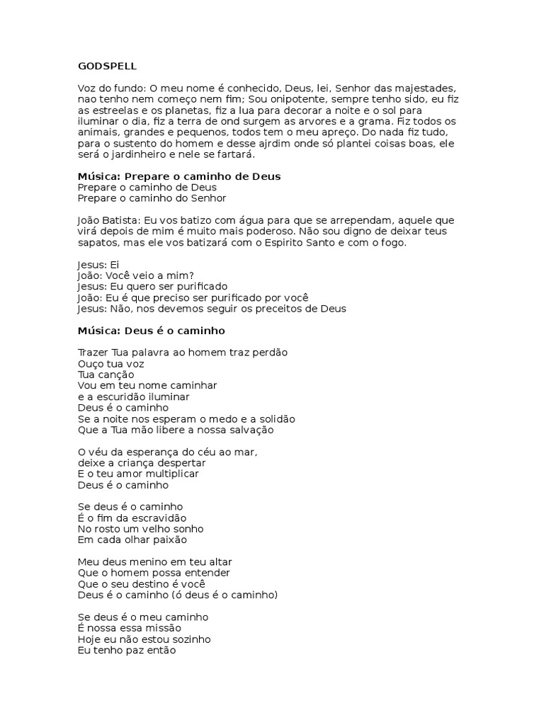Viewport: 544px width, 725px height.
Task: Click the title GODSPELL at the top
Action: point(107,66)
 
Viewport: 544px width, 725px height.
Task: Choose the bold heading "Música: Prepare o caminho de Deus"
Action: point(178,176)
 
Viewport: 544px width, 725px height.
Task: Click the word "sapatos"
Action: point(98,243)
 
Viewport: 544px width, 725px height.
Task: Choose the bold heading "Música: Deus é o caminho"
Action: point(151,330)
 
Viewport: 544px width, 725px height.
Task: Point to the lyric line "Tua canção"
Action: point(106,374)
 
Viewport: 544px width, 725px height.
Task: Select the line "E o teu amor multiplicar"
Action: point(138,473)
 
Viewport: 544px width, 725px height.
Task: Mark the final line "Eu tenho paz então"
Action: point(126,650)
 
